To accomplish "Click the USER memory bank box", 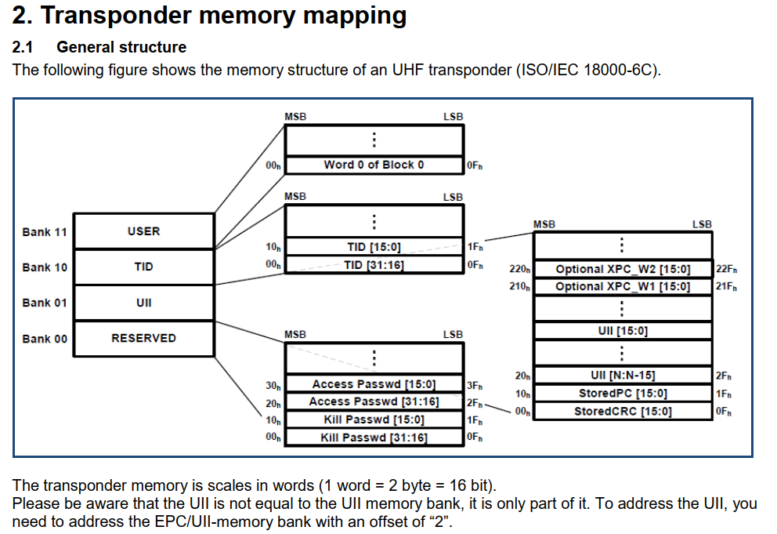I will tap(143, 231).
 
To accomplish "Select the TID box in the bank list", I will tap(143, 267).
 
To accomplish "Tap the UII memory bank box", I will tap(143, 303).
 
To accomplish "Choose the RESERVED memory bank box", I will tap(143, 338).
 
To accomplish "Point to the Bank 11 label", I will tap(45, 232).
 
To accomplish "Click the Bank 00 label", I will tap(45, 339).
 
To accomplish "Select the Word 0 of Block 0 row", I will tap(374, 165).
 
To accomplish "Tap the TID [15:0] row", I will tap(374, 247).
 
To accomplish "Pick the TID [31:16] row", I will tap(374, 265).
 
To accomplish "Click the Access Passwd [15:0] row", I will tap(374, 384).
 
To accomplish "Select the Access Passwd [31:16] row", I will tap(374, 401).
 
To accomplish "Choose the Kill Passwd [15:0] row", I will tap(374, 420).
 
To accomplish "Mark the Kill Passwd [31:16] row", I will tap(374, 438).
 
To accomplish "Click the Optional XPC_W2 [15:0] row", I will tap(623, 269).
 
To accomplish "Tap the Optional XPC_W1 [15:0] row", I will tap(623, 286).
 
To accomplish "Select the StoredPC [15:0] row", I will tap(623, 393).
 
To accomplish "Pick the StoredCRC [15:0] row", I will tap(623, 411).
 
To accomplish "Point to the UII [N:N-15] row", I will tap(623, 375).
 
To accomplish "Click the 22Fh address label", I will tap(726, 269).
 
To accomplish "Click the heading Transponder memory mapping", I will tap(210, 16).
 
